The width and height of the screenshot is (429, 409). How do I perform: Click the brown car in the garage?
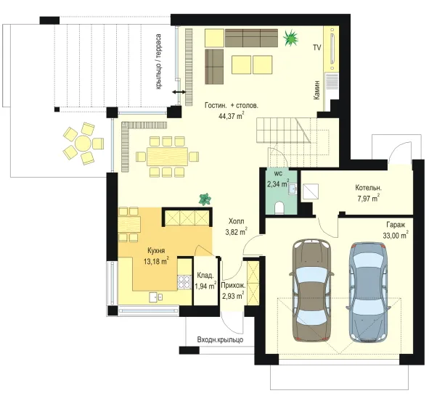[x=311, y=291]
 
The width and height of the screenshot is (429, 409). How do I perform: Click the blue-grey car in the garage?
[x=369, y=292]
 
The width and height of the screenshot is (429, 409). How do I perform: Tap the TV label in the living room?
[x=316, y=48]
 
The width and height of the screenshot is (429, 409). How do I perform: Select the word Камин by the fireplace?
[x=316, y=90]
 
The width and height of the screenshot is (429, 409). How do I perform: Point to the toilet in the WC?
[x=279, y=207]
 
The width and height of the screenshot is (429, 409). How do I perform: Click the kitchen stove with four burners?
[x=184, y=282]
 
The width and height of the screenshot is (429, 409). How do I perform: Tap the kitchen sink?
[x=156, y=297]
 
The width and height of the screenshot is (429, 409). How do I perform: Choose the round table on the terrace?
[x=83, y=143]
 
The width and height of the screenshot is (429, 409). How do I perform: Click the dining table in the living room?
[x=168, y=157]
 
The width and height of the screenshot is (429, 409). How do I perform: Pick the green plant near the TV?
[x=290, y=38]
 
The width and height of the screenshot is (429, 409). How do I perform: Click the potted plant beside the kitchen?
[x=205, y=199]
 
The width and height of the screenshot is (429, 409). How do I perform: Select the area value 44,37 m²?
[x=231, y=115]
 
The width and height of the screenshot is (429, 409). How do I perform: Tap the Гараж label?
[x=396, y=225]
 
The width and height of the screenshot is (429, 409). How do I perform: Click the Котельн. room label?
[x=368, y=188]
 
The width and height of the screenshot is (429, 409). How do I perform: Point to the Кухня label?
[x=156, y=251]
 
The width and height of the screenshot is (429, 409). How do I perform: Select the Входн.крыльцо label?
[x=220, y=340]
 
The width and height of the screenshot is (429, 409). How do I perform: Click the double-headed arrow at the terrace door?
[x=179, y=92]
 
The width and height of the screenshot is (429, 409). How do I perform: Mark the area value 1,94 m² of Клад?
[x=205, y=286]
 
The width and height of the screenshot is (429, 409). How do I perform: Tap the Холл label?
[x=237, y=221]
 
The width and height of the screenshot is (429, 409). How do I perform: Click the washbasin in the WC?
[x=292, y=189]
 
